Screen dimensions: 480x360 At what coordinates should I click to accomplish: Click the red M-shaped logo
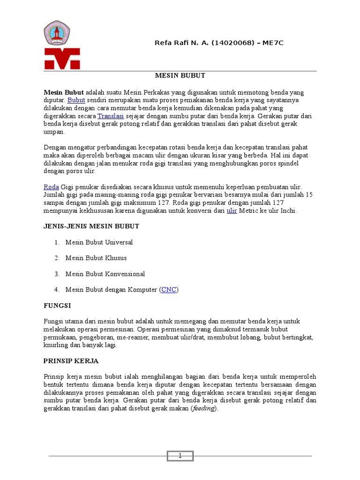coord(62,59)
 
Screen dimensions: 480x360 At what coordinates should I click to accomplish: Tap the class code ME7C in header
coord(273,43)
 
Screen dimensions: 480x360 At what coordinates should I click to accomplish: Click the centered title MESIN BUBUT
coord(180,75)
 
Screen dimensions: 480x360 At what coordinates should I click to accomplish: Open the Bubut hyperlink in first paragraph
coord(76,100)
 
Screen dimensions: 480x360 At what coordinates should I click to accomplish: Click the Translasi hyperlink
coord(110,116)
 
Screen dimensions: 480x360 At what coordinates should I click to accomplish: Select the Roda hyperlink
coord(51,187)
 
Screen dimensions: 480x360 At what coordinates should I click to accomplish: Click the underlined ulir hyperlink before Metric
coord(232,211)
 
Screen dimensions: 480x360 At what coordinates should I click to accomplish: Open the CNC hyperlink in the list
coord(169,290)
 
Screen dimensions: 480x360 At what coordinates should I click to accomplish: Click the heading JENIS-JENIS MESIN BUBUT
coord(91,226)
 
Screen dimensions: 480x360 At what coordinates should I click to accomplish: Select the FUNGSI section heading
coord(57,305)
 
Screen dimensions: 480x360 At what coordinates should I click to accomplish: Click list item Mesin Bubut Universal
coord(99,242)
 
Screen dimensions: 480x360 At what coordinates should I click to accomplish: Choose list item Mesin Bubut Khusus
coord(96,258)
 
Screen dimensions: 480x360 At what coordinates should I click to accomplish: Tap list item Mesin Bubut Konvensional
coord(105,274)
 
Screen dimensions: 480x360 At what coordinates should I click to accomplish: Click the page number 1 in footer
coord(180,456)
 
